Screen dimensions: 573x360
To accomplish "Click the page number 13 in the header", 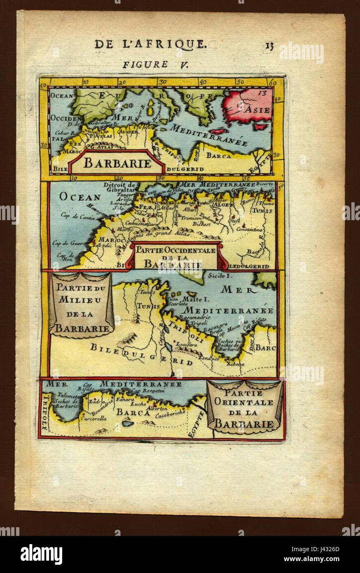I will [x=269, y=45].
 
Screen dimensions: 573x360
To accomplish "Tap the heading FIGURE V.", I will [x=145, y=64].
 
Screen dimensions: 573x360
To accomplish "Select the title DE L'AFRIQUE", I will [x=150, y=44].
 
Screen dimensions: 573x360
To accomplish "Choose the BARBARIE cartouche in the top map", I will [x=117, y=163].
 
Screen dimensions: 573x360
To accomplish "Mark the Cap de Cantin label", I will [x=75, y=215].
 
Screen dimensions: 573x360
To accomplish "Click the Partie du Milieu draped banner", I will [x=81, y=305].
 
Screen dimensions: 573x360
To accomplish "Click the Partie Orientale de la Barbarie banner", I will [x=245, y=406].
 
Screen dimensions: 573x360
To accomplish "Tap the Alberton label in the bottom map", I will [x=157, y=408].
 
